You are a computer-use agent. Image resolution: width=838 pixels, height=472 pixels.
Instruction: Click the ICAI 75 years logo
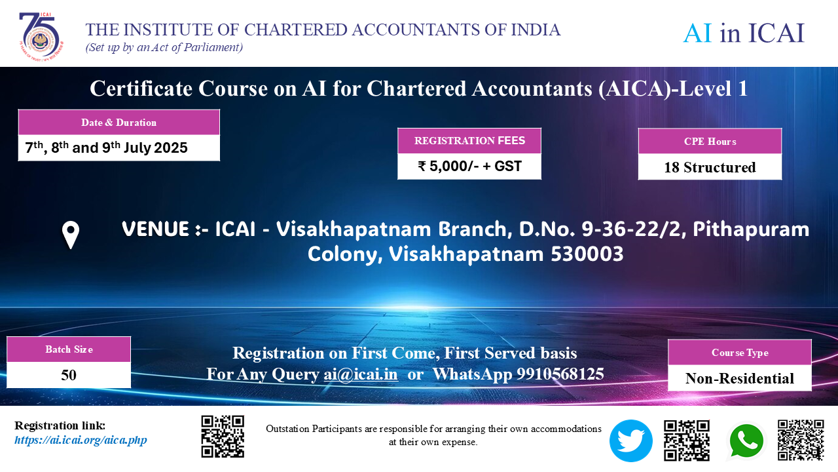coord(41,37)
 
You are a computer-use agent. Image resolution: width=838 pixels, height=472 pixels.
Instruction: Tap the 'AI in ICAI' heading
coord(743,33)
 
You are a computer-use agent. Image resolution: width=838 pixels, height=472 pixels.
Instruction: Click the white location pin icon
coord(70,235)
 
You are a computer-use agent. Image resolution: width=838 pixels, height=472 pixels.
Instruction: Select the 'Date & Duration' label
coord(118,123)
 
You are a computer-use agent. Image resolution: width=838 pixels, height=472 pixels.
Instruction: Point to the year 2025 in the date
coord(171,147)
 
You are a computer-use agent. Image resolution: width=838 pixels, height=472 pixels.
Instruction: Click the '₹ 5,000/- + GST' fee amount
coord(469,166)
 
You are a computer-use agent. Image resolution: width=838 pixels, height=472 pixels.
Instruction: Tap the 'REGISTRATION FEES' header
coord(469,140)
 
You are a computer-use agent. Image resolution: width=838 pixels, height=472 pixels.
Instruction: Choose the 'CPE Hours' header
coord(710,142)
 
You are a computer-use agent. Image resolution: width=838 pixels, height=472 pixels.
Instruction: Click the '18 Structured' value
coord(710,167)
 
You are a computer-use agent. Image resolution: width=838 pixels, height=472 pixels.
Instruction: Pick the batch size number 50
coord(69,375)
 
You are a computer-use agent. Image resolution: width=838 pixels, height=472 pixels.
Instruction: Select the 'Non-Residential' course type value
coord(740,378)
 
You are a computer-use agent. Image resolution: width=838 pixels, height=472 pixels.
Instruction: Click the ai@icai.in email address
coord(361,374)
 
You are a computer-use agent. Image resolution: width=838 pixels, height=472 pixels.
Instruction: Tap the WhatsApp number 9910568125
coord(560,374)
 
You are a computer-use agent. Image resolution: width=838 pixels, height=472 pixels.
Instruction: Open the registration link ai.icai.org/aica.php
coord(81,440)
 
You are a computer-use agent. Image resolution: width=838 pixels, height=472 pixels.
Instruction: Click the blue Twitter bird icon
coord(630,441)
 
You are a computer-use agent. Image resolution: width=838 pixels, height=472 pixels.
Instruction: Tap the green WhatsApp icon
coord(746,441)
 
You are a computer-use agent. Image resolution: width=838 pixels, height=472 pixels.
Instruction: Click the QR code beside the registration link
coord(223,437)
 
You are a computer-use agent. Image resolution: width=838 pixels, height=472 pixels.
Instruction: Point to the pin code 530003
coord(587,254)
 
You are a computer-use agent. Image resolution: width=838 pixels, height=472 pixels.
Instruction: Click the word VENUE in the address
coord(155,229)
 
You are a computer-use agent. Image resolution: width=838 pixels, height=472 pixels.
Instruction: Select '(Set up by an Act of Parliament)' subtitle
coord(164,48)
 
